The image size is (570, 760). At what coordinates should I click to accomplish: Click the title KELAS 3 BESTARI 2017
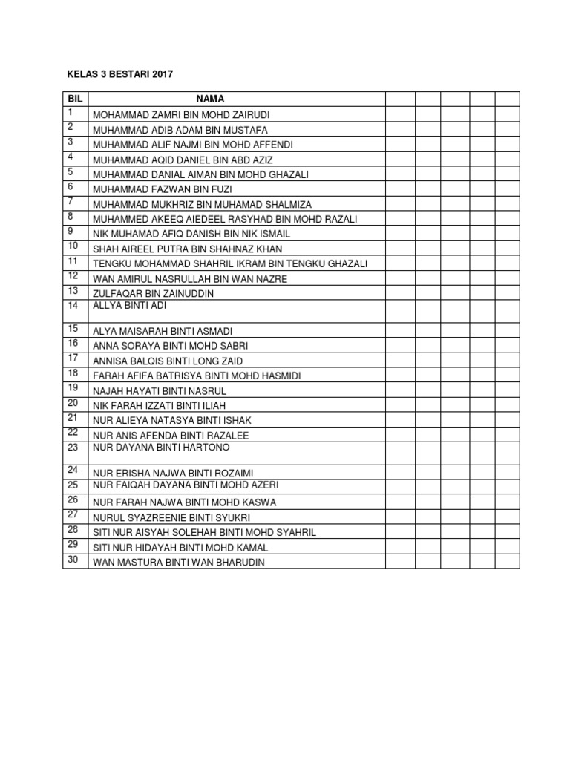click(114, 75)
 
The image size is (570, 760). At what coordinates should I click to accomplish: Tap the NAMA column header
click(210, 99)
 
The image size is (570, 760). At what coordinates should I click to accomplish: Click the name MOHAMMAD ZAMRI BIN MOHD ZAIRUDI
click(181, 115)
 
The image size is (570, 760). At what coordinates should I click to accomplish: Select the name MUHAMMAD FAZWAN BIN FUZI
click(163, 189)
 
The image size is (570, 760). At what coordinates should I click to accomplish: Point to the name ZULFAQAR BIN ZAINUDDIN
click(153, 294)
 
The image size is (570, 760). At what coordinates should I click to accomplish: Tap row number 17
click(73, 358)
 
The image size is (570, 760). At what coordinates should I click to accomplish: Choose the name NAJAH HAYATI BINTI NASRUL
click(160, 390)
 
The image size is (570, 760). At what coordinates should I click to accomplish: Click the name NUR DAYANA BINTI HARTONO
click(161, 448)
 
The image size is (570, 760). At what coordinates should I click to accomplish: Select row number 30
click(73, 560)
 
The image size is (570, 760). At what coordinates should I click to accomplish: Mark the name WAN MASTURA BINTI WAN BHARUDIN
click(178, 563)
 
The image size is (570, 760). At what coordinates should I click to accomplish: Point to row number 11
click(73, 261)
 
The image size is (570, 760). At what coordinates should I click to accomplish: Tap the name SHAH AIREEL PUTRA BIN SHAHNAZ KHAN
click(187, 249)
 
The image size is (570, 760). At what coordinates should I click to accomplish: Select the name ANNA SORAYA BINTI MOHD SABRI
click(170, 346)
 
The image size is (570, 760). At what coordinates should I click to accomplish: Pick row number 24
click(73, 470)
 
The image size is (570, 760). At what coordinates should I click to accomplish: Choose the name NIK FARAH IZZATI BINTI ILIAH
click(159, 405)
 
